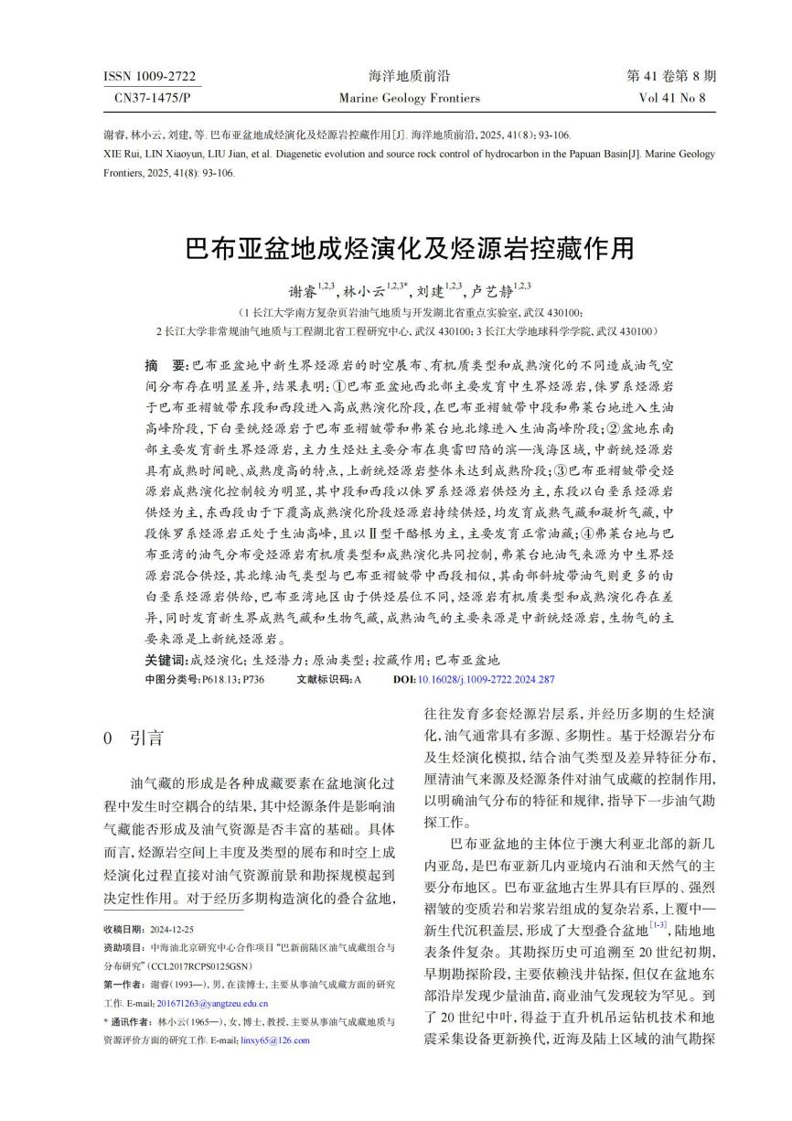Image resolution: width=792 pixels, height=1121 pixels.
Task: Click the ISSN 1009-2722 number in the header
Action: [x=150, y=76]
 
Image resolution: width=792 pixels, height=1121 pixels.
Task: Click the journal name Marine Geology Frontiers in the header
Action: [x=396, y=98]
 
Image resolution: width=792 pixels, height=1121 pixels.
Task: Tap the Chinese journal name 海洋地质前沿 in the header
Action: [x=396, y=76]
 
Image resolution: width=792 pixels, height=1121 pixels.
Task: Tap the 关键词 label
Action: [x=165, y=660]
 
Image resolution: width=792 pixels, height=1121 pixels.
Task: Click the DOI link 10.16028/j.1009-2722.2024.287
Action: [x=486, y=679]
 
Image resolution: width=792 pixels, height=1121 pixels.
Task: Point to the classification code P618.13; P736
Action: [x=232, y=679]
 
